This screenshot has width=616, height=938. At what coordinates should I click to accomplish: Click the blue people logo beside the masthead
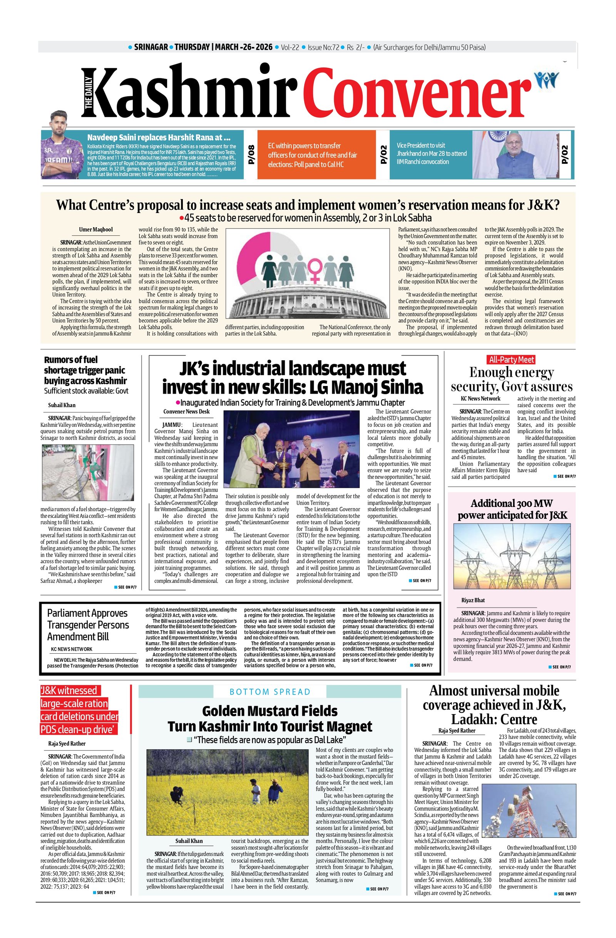pos(547,81)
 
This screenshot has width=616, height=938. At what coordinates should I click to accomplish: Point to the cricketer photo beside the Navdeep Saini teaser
pos(60,146)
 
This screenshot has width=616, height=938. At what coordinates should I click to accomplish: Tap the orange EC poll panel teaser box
pos(315,154)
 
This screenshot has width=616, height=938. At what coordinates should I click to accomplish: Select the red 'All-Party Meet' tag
pos(511,359)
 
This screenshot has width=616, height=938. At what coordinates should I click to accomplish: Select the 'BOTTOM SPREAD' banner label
pos(270,692)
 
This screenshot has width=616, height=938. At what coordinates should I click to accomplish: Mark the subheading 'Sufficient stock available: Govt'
pos(86,391)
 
